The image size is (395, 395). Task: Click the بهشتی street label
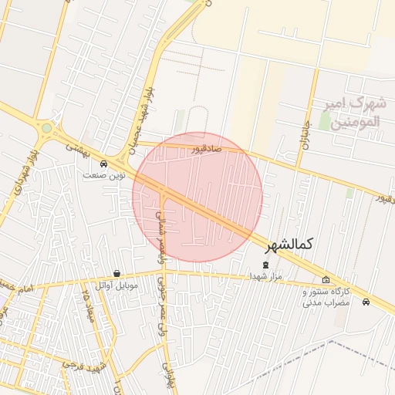coord(78,146)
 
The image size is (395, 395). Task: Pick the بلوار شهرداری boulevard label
coord(17,177)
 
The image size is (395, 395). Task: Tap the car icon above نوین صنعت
coord(104,163)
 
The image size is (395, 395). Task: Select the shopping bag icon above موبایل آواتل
coord(116,273)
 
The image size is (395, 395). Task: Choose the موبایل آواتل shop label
coord(116,285)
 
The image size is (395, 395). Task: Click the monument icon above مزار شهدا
coord(266,265)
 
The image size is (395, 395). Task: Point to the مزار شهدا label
coord(266,275)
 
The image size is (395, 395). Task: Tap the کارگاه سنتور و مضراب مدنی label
coord(326,297)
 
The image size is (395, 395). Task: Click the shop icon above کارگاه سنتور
coord(326,279)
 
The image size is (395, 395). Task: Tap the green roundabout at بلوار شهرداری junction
coord(47,128)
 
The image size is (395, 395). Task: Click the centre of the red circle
coord(197,197)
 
